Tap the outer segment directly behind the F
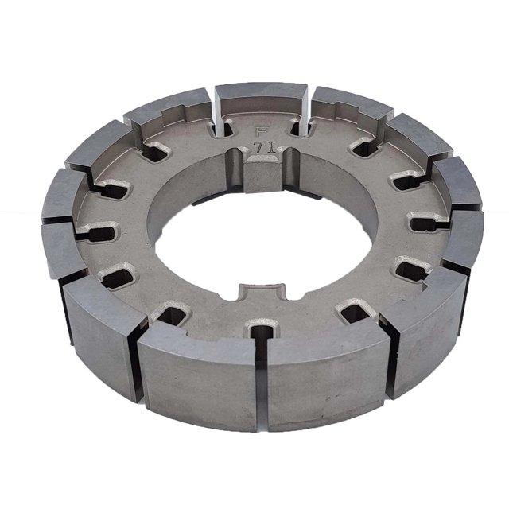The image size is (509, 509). coord(261,99)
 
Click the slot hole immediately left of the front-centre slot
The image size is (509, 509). coord(171,311)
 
